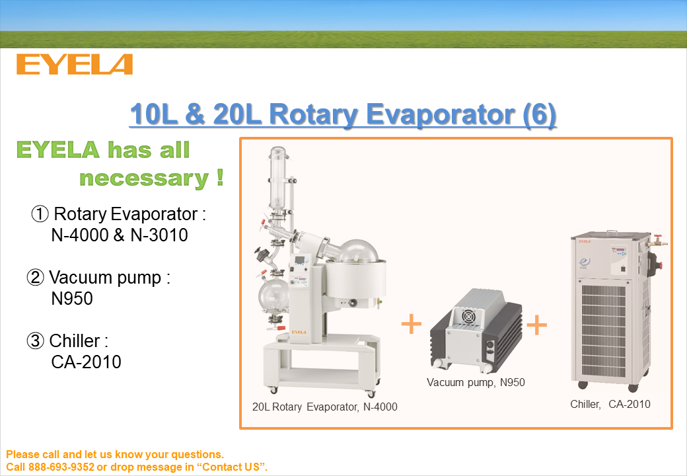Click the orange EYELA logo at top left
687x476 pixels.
75,64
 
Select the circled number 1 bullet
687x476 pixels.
40,214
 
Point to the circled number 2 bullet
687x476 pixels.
36,278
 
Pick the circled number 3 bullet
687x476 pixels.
36,340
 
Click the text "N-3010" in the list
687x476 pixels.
159,235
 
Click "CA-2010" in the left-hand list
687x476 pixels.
86,362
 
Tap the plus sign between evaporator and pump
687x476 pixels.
412,324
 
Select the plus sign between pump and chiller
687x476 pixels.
536,325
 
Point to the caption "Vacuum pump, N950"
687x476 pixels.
476,382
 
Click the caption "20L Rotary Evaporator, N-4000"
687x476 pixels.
324,407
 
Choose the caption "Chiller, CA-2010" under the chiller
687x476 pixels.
610,404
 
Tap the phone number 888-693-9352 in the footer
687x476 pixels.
61,467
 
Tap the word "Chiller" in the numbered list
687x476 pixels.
75,340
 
